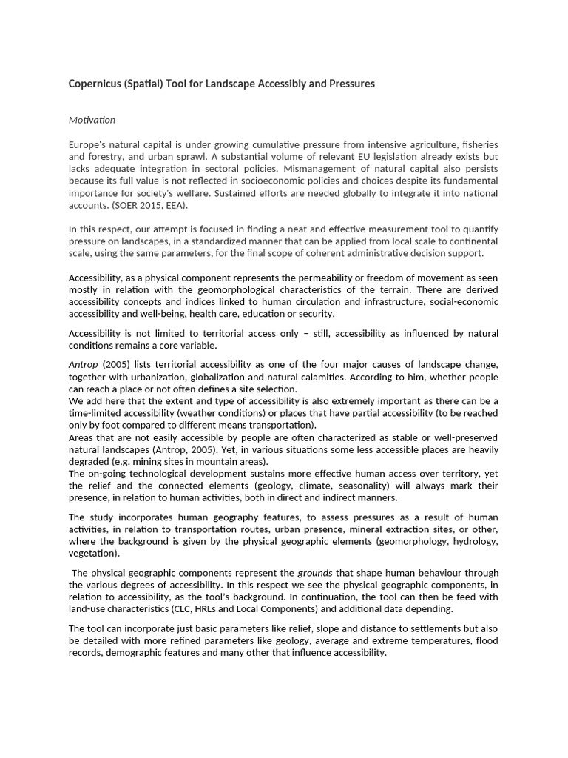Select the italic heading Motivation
click(92, 120)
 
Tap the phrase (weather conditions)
click(225, 413)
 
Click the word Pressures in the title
click(351, 84)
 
